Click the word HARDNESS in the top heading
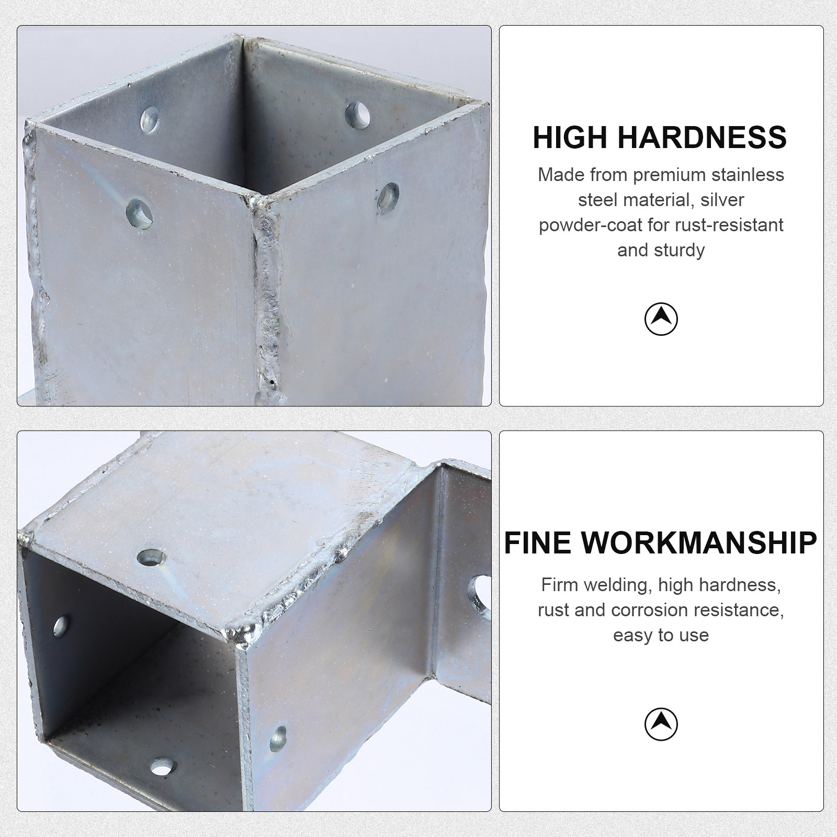tap(702, 138)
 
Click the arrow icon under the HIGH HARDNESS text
tap(661, 318)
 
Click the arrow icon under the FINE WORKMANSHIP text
tap(661, 724)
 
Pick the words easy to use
tap(661, 635)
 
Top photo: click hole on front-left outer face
tap(139, 213)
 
